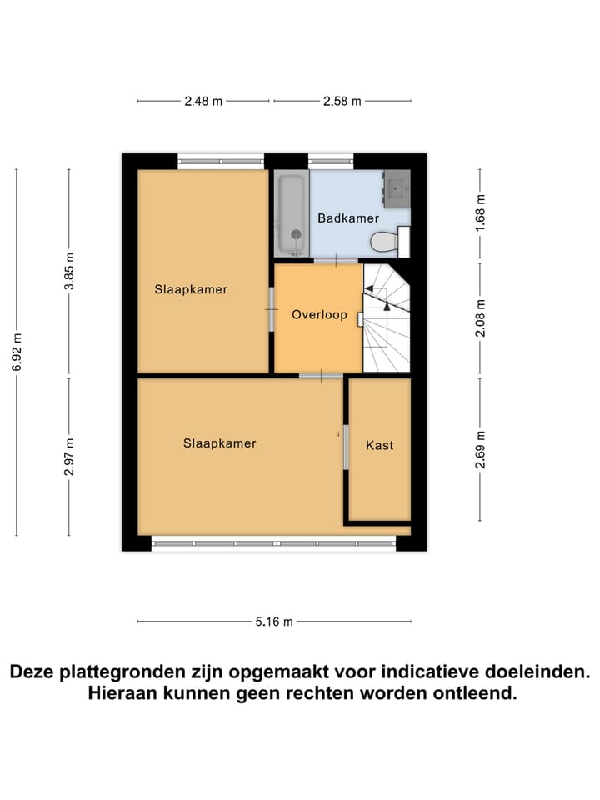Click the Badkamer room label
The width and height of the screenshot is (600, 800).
click(x=342, y=218)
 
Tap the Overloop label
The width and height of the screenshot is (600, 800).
click(x=319, y=315)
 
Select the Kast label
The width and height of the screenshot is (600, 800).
click(x=379, y=446)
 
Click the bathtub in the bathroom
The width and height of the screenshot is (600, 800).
click(x=292, y=213)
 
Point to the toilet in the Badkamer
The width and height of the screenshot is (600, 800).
click(x=385, y=242)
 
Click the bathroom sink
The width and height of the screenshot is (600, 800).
click(x=397, y=187)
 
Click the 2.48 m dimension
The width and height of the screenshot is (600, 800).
click(x=203, y=102)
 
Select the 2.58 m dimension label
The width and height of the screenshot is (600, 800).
click(x=342, y=102)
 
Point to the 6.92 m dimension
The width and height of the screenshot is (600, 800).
click(x=17, y=353)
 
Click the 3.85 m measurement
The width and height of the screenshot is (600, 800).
click(x=69, y=271)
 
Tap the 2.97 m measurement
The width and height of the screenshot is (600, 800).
click(x=69, y=457)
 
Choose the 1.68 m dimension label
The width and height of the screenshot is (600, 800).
click(x=480, y=215)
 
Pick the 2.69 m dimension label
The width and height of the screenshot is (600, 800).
click(x=480, y=449)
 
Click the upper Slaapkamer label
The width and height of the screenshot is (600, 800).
click(x=191, y=290)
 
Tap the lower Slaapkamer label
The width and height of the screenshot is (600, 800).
click(x=219, y=443)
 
